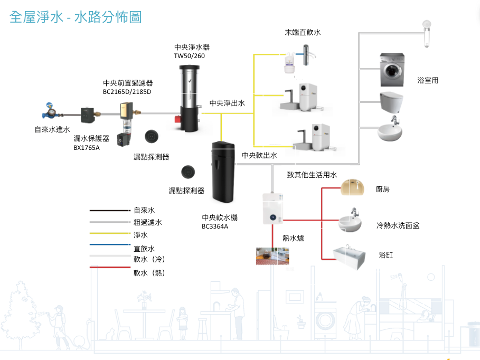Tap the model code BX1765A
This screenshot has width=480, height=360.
click(87, 148)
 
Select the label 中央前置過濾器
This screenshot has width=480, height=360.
click(128, 83)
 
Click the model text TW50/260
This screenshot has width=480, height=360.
click(189, 55)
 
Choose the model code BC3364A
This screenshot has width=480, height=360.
click(215, 227)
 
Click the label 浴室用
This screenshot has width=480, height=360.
click(428, 81)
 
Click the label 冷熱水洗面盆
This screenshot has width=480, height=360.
click(398, 225)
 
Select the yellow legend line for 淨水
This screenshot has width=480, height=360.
click(109, 233)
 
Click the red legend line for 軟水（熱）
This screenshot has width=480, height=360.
click(109, 268)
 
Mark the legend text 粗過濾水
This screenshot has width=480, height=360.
click(148, 223)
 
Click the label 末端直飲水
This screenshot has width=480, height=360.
click(303, 33)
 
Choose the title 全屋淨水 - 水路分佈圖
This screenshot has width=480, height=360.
click(76, 17)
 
